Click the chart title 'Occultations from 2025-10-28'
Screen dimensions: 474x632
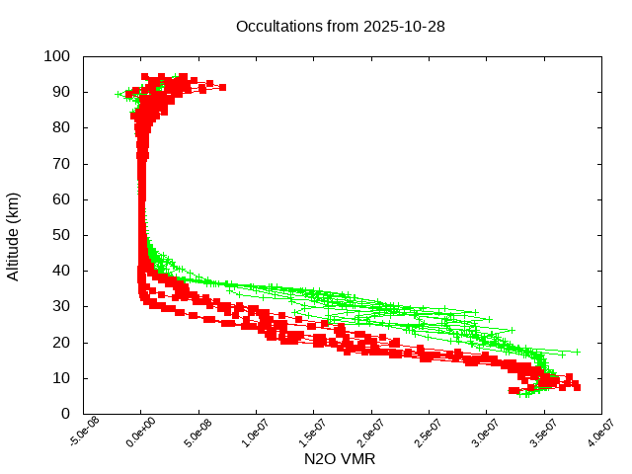pyautogui.click(x=340, y=27)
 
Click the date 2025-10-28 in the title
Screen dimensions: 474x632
pyautogui.click(x=405, y=27)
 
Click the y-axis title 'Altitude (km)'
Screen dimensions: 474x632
pyautogui.click(x=14, y=235)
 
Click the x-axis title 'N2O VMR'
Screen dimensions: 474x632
pyautogui.click(x=340, y=458)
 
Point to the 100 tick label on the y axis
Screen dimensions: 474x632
pyautogui.click(x=56, y=56)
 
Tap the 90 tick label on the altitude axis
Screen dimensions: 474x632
pyautogui.click(x=60, y=92)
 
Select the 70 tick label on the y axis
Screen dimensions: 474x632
pyautogui.click(x=60, y=163)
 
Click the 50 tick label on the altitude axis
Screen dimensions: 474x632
pyautogui.click(x=60, y=235)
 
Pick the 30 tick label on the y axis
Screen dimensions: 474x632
pyautogui.click(x=60, y=306)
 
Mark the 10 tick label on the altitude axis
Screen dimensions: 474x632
pyautogui.click(x=60, y=377)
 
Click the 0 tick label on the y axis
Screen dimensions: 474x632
pyautogui.click(x=64, y=413)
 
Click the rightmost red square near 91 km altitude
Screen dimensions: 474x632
pyautogui.click(x=222, y=88)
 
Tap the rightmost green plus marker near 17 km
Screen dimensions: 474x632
pyautogui.click(x=577, y=352)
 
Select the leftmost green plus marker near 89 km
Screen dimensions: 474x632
pyautogui.click(x=119, y=94)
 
